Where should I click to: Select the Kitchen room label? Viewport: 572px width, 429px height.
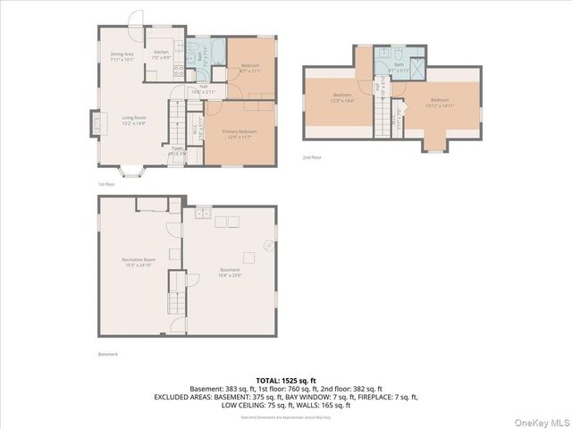coord(161,55)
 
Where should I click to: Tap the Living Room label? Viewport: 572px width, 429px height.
coord(134,120)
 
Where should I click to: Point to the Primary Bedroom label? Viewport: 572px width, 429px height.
coord(240,134)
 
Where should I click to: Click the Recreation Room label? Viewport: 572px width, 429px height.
coord(139,263)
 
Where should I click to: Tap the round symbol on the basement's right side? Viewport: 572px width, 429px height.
coord(265,245)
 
